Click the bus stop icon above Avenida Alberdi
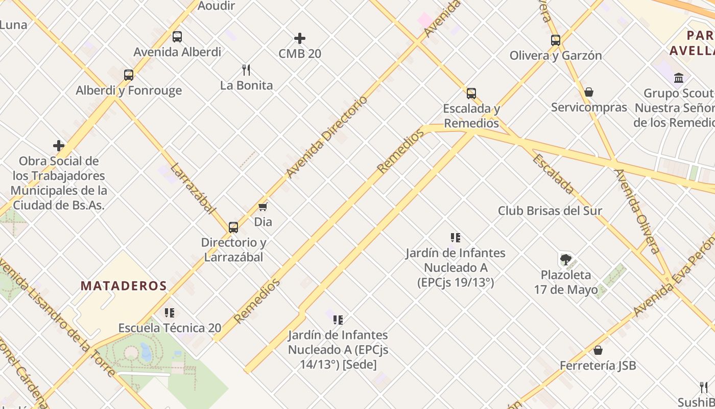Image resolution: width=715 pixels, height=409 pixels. point(177,37)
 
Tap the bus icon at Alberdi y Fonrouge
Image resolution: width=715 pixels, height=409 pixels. point(129,75)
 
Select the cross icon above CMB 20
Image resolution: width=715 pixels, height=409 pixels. point(300,38)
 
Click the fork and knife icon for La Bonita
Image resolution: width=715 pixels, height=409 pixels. point(246,70)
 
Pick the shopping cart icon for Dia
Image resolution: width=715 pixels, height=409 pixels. point(263,207)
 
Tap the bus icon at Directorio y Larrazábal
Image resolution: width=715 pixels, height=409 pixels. point(233,228)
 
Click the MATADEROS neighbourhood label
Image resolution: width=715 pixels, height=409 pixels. point(124,286)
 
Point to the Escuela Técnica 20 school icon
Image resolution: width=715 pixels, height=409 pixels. point(170,312)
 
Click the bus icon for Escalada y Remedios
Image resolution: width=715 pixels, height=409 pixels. point(471,94)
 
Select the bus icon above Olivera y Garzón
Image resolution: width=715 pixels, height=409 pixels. point(556,40)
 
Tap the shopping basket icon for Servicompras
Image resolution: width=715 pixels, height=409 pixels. point(589,92)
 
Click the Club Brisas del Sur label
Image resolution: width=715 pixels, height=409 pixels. point(550,211)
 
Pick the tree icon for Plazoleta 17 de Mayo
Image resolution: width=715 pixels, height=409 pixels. point(565,260)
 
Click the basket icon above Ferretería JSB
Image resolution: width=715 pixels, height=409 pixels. point(598,350)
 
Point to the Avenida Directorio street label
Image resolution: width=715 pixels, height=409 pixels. point(327,137)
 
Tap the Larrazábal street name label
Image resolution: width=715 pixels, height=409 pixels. point(193,188)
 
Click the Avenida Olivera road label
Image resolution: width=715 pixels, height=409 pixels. point(637,211)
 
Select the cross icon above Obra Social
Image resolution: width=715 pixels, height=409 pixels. point(59,146)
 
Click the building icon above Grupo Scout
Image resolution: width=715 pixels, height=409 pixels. point(679,78)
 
